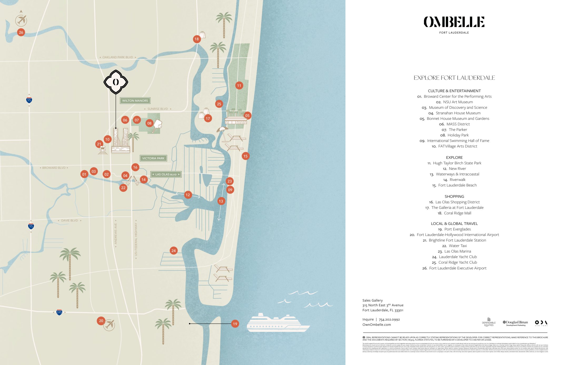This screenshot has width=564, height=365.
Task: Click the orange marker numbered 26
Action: click(21, 32)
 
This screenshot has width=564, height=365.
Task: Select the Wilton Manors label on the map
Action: click(135, 101)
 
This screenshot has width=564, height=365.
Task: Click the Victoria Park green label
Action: click(153, 158)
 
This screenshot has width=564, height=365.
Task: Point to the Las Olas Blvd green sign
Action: click(166, 174)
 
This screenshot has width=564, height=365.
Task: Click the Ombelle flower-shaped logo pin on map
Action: click(116, 82)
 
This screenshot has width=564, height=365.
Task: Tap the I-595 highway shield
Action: click(59, 312)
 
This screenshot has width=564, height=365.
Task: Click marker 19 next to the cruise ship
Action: click(235, 324)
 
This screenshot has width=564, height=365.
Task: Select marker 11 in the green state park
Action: click(239, 85)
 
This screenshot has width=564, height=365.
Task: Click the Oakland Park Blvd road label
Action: click(118, 57)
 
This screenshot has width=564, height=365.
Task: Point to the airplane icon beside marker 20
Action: click(109, 325)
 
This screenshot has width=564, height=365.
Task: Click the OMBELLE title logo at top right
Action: click(454, 22)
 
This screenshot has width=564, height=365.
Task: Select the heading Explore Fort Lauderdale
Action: click(454, 78)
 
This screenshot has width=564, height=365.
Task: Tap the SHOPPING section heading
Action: click(454, 196)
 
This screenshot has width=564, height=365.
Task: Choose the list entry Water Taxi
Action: click(457, 246)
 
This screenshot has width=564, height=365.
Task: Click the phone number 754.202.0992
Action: click(389, 319)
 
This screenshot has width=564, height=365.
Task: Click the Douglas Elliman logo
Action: click(515, 323)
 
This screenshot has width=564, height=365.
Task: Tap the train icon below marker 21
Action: click(102, 150)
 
